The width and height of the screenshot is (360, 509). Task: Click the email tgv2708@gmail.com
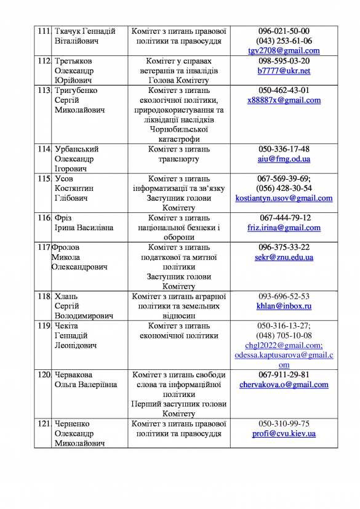pyautogui.click(x=284, y=50)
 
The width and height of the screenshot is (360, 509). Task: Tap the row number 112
pyautogui.click(x=43, y=61)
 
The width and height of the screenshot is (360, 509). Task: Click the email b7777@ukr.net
pyautogui.click(x=284, y=71)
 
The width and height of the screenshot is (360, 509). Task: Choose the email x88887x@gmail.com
pyautogui.click(x=284, y=100)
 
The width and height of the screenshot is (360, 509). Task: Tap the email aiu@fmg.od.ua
pyautogui.click(x=284, y=159)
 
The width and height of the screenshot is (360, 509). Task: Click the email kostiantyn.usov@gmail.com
pyautogui.click(x=284, y=198)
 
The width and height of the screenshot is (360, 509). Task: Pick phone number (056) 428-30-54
pyautogui.click(x=284, y=188)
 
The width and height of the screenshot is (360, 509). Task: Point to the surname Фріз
pyautogui.click(x=65, y=218)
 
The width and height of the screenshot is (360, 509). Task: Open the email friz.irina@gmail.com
pyautogui.click(x=284, y=228)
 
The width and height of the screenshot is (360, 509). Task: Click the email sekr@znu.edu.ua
pyautogui.click(x=284, y=257)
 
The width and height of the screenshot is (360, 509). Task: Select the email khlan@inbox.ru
pyautogui.click(x=284, y=306)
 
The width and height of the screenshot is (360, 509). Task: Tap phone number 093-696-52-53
pyautogui.click(x=284, y=296)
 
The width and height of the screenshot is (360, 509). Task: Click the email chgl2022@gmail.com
pyautogui.click(x=284, y=345)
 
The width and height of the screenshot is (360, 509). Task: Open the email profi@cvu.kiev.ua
pyautogui.click(x=284, y=434)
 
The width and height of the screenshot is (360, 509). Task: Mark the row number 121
pyautogui.click(x=43, y=424)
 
